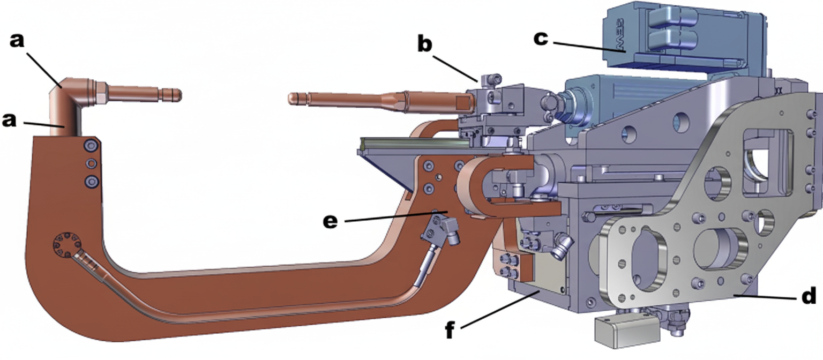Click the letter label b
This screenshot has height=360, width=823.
(425, 45)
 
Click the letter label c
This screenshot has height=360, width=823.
(542, 38)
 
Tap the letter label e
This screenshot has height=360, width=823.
(330, 221)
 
